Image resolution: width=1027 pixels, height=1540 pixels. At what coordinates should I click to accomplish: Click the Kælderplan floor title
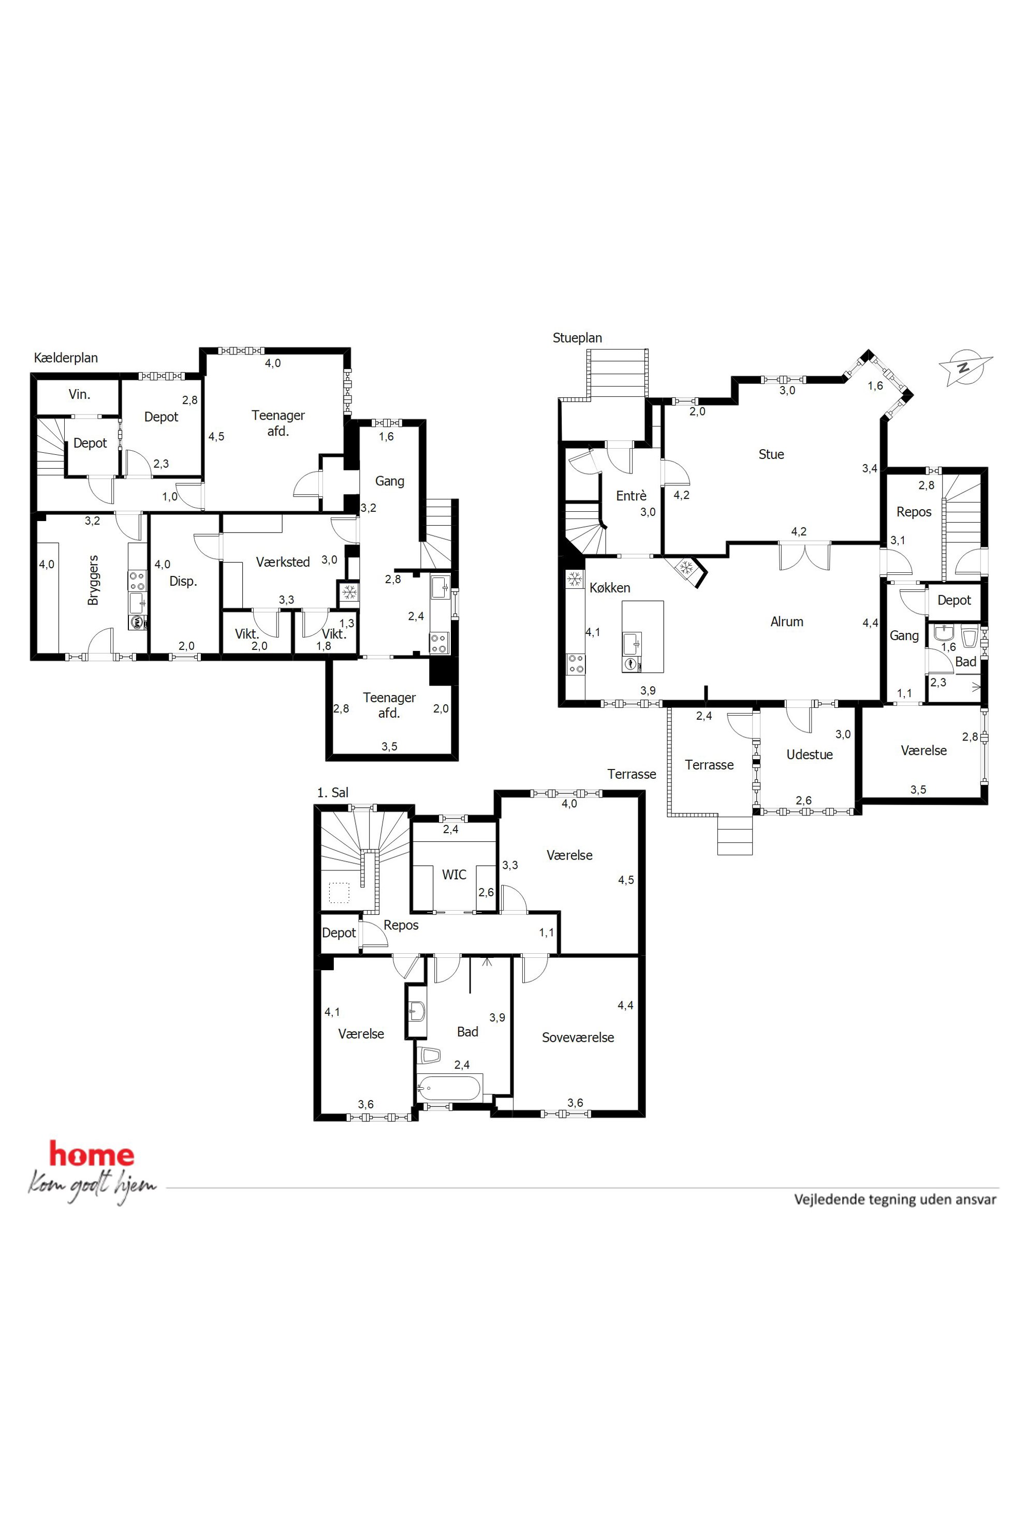tap(66, 358)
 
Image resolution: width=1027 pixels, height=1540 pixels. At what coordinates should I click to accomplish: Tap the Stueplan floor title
tap(577, 338)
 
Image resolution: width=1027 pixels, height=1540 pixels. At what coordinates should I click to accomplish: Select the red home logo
tap(92, 1154)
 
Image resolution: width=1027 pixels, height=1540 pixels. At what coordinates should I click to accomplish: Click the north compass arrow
tap(965, 367)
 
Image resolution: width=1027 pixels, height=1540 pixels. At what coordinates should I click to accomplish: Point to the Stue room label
tap(771, 454)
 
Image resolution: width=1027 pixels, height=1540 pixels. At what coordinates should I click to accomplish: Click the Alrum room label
tap(787, 622)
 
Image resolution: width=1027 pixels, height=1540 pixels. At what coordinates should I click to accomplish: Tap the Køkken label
tap(610, 588)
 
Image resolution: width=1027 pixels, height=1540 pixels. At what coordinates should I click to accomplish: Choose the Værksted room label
tap(283, 562)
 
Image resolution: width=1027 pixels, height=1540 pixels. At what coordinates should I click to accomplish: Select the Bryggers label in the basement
tap(93, 580)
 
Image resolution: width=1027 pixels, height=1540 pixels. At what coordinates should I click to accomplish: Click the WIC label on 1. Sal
tap(454, 875)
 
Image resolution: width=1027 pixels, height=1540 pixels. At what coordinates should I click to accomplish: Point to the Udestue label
tap(810, 754)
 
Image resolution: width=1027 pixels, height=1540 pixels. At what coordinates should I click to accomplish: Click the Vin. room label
tap(79, 395)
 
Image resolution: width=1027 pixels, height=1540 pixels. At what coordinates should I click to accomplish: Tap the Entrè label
tap(632, 496)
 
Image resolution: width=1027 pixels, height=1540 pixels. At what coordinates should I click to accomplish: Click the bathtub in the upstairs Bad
tap(449, 1088)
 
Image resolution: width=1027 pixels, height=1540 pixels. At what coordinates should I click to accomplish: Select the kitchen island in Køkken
tap(642, 636)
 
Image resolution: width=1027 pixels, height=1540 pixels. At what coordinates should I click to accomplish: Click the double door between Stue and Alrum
tap(804, 555)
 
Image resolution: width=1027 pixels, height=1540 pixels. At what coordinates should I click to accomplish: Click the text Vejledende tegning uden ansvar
tap(896, 1200)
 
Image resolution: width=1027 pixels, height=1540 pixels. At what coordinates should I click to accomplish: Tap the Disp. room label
tap(183, 582)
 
